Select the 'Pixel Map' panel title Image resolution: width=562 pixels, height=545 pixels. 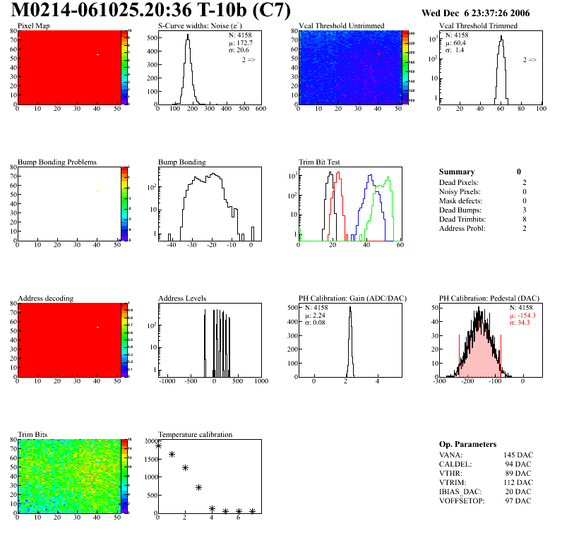pyautogui.click(x=33, y=25)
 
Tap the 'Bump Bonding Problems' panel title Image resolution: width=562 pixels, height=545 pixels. pyautogui.click(x=56, y=162)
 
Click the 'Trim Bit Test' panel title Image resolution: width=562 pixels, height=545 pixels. pyautogui.click(x=319, y=162)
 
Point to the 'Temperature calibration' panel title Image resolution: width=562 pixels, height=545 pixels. pyautogui.click(x=195, y=434)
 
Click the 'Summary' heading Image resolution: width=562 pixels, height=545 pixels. pyautogui.click(x=457, y=172)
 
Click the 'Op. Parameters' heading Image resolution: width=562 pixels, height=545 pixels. pyautogui.click(x=467, y=444)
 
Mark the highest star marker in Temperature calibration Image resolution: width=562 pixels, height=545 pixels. pyautogui.click(x=158, y=445)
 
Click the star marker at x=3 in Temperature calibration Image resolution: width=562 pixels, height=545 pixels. pyautogui.click(x=199, y=487)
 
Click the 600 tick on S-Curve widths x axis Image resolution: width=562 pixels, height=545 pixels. pyautogui.click(x=260, y=109)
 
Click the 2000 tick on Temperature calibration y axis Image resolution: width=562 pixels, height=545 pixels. pyautogui.click(x=149, y=441)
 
